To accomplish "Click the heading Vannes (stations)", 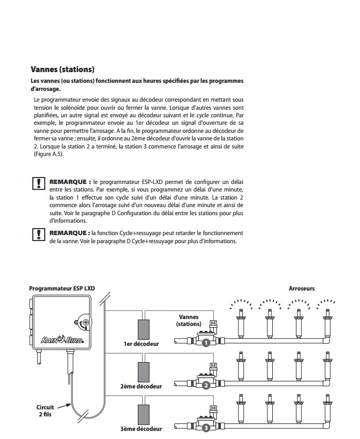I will click(x=62, y=69).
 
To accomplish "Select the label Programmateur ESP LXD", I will click(x=61, y=288).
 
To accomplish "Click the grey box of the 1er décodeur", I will click(x=143, y=328).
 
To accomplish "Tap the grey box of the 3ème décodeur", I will click(x=143, y=413).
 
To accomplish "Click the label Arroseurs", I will click(x=301, y=288).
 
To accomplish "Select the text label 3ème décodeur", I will click(x=140, y=429).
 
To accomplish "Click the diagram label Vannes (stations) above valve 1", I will click(x=188, y=321).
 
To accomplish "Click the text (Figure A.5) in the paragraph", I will click(x=48, y=154).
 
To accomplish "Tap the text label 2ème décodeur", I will click(x=142, y=386).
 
